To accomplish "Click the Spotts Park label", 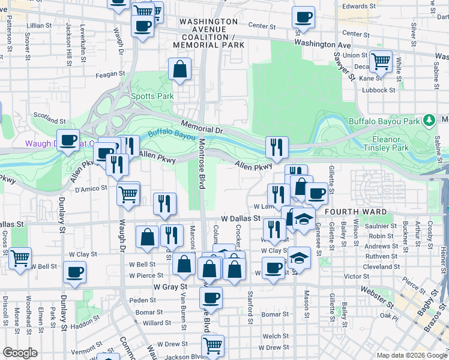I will tap(152, 96).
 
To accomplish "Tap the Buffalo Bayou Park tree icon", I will tap(429, 120).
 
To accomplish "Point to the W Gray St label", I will tap(170, 287).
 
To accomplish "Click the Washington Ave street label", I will tap(322, 44).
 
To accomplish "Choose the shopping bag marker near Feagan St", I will tap(180, 70).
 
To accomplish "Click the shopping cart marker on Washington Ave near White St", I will tap(381, 61).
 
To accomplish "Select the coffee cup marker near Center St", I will tap(304, 17).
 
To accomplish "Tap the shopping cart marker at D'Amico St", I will tap(128, 194).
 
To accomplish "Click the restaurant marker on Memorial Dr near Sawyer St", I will tap(277, 146).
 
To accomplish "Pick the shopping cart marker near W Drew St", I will tap(212, 346).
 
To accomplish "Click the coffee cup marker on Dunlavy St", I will tap(74, 272).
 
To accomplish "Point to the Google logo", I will tap(20, 353).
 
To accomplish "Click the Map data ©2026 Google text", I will tap(412, 355).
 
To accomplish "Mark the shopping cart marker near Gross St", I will tap(20, 258).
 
